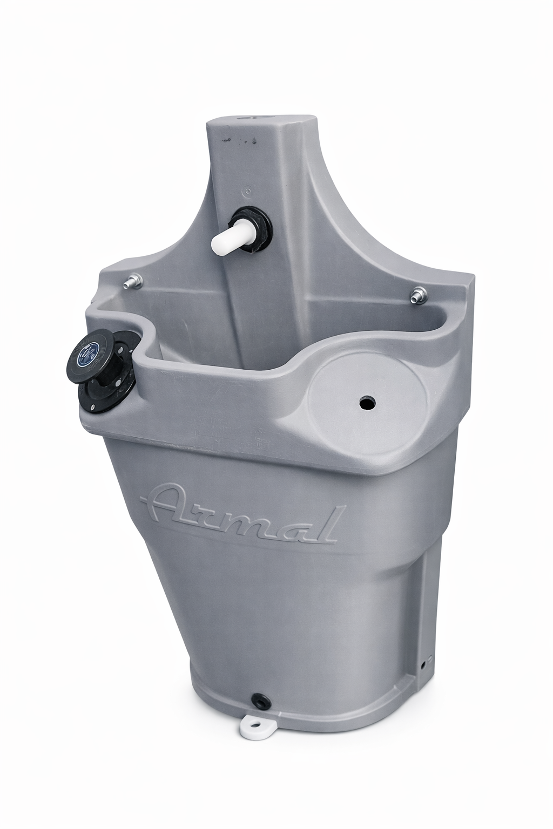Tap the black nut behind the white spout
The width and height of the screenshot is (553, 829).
point(255,229)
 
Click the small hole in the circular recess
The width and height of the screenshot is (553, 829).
point(367,401)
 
